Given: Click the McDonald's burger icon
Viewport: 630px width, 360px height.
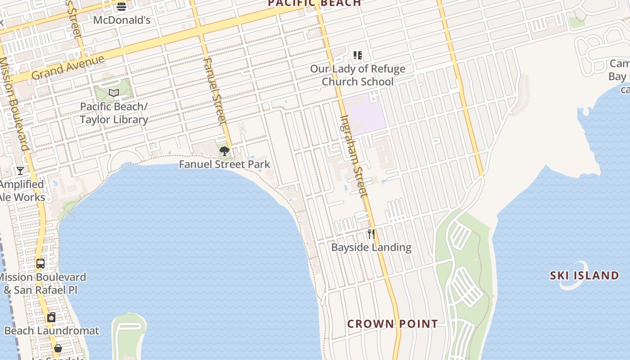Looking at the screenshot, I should (x=121, y=6).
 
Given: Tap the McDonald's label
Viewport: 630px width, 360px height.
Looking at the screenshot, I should (x=121, y=20).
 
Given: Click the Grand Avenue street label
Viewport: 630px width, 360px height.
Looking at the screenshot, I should (x=67, y=68).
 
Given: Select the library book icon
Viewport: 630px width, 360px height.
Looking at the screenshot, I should (x=114, y=93).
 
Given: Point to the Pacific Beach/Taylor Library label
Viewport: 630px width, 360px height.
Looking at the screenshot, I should (x=114, y=113).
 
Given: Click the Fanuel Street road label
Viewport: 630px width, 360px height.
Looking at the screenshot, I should (x=215, y=91).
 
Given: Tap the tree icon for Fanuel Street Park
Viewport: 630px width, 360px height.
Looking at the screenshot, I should (x=224, y=151).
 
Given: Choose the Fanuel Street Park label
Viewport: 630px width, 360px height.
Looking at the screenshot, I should (x=224, y=164).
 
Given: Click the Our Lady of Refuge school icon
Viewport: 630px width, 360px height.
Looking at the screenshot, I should (x=358, y=55).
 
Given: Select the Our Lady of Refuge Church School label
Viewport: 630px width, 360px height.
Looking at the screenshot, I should (x=358, y=75).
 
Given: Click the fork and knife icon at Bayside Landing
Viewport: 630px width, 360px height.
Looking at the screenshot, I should (x=371, y=234).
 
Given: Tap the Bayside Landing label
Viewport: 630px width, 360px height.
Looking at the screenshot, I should (x=371, y=247).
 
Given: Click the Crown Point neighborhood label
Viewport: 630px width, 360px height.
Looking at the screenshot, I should (x=392, y=324).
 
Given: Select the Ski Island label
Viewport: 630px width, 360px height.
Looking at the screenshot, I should (x=584, y=275).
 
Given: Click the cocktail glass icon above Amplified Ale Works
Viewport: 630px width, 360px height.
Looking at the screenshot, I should (x=20, y=171).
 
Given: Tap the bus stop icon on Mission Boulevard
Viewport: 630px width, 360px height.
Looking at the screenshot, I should (x=40, y=264).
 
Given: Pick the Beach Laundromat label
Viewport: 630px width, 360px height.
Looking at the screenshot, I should (x=51, y=331).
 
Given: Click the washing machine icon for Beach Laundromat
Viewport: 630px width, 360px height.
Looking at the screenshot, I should (x=51, y=318).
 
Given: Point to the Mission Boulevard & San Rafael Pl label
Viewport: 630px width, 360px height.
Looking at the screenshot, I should (x=43, y=283).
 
